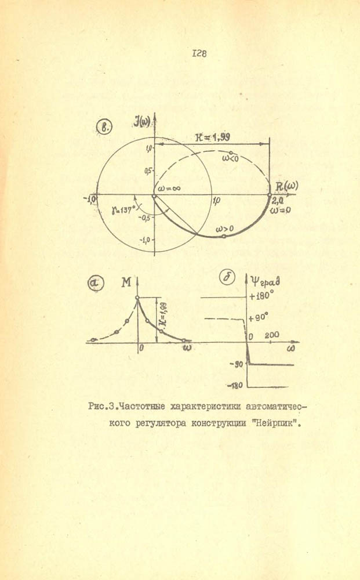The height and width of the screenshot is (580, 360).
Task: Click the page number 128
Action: tap(199, 53)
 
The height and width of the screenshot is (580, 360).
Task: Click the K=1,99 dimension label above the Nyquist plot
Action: tap(213, 137)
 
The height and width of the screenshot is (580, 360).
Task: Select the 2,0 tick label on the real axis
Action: tap(277, 200)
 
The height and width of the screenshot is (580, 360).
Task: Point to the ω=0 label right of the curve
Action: tap(281, 211)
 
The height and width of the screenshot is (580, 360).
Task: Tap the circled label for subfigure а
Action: tap(94, 283)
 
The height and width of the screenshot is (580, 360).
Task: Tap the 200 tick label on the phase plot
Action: tap(272, 336)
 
